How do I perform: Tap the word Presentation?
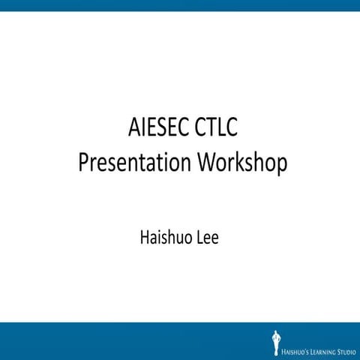coord(132,163)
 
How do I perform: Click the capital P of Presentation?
coord(83,163)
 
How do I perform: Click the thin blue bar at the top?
coord(180,5)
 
